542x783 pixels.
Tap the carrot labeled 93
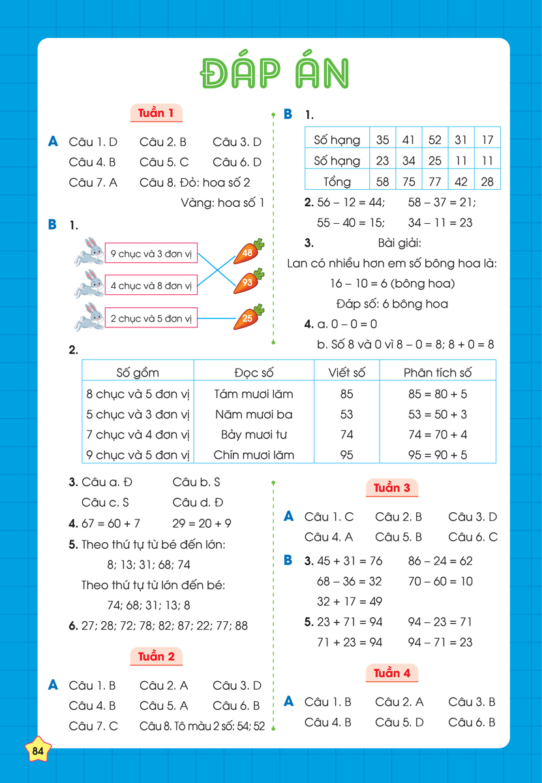pyautogui.click(x=248, y=282)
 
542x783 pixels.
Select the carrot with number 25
pyautogui.click(x=248, y=318)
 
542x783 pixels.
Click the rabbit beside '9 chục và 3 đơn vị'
pyautogui.click(x=89, y=251)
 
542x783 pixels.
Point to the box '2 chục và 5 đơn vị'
pyautogui.click(x=151, y=318)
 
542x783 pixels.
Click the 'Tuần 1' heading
pyautogui.click(x=156, y=113)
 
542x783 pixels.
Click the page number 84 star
pyautogui.click(x=38, y=751)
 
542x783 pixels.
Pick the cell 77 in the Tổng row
pyautogui.click(x=435, y=181)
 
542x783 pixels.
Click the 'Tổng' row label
pyautogui.click(x=337, y=181)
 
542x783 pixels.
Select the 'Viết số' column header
pyautogui.click(x=347, y=373)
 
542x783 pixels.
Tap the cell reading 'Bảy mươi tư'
pyautogui.click(x=254, y=435)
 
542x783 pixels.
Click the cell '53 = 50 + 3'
pyautogui.click(x=438, y=414)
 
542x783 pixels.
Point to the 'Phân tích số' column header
pyautogui.click(x=438, y=373)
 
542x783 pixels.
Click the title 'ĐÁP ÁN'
pyautogui.click(x=273, y=74)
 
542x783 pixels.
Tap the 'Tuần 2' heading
pyautogui.click(x=156, y=656)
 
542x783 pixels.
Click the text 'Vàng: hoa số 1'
pyautogui.click(x=222, y=203)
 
